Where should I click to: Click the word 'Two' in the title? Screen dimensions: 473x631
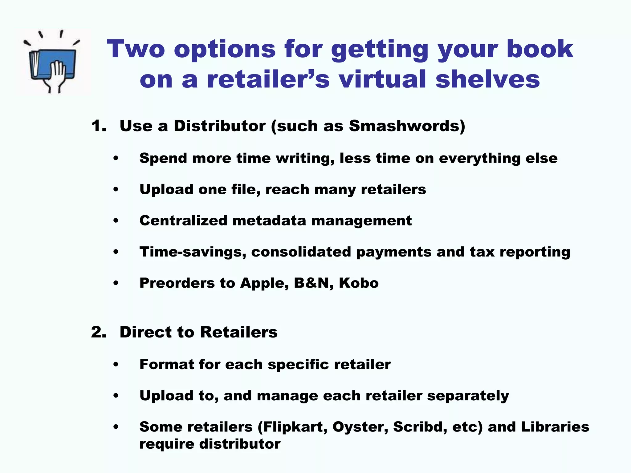coord(136,49)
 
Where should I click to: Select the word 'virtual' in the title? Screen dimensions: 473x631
coord(382,79)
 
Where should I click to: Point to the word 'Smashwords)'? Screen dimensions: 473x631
coord(407,126)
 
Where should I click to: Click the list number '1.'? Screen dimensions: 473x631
coord(99,126)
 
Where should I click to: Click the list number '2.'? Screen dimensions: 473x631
coord(99,332)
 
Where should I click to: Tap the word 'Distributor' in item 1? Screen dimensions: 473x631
coord(219,126)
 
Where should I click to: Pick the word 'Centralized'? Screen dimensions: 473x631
coord(183,220)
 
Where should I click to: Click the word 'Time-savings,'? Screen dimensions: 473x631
coord(193,252)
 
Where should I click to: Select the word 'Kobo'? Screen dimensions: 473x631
coord(359,283)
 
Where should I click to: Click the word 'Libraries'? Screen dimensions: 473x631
coord(555,427)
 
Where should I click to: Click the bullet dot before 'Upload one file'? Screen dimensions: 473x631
coord(116,189)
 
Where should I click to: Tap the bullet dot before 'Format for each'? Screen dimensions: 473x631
coord(116,365)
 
